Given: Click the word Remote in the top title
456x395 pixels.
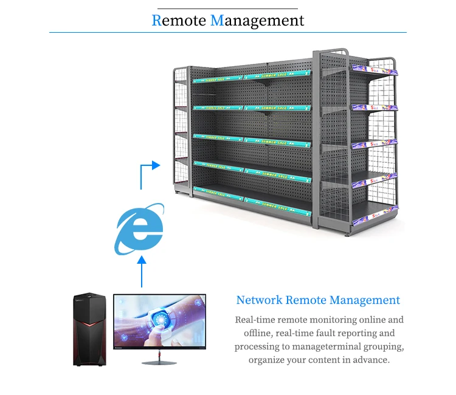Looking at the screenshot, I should click(x=178, y=20).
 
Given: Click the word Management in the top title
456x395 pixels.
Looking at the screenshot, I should click(x=257, y=21).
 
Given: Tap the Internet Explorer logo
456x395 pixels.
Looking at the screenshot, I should click(x=140, y=230).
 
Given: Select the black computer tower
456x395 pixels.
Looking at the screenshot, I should click(x=89, y=329).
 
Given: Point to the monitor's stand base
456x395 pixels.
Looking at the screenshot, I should click(x=159, y=363).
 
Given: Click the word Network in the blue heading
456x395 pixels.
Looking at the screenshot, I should click(x=259, y=300).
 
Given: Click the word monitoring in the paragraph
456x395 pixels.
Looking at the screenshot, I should click(x=342, y=320).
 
